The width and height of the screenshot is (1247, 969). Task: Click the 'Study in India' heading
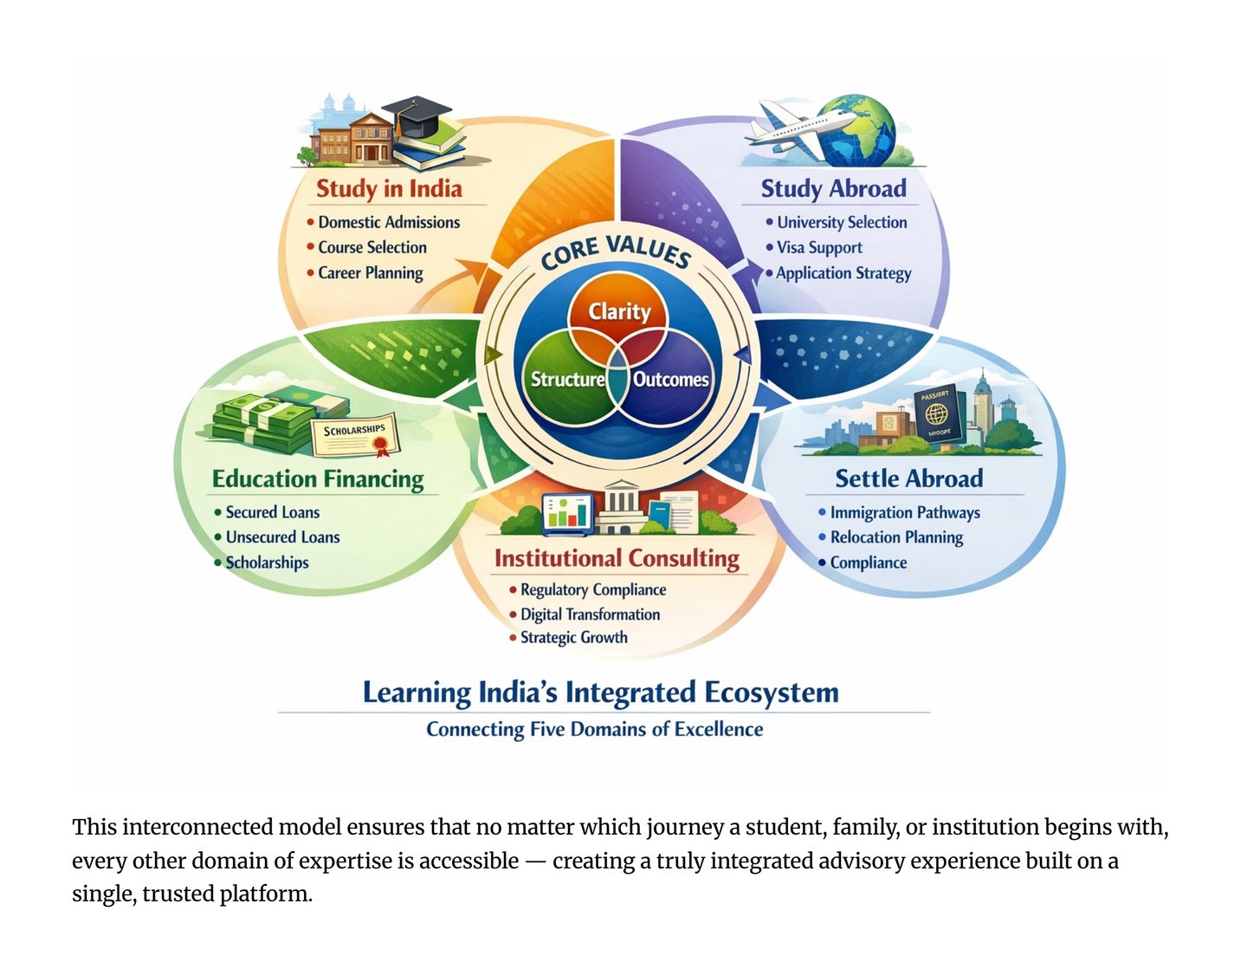pos(389,188)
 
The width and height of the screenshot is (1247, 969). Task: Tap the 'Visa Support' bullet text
pos(819,248)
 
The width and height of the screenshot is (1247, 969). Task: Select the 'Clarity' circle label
pos(619,311)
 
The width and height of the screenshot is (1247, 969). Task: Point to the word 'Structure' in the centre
pos(567,380)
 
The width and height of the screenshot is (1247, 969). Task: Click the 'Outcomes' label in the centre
pos(670,380)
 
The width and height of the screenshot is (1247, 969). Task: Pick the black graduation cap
pos(417,115)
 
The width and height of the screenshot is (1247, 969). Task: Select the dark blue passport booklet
pos(936,414)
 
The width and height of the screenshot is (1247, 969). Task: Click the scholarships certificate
pos(355,434)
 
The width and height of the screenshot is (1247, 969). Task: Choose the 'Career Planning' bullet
pos(371,273)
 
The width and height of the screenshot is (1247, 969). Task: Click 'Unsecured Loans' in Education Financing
pos(282,537)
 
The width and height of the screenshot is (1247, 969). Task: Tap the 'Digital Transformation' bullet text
pos(590,615)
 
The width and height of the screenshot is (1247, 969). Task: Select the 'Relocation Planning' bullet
pos(896,537)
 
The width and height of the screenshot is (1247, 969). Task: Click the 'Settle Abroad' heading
pos(908,478)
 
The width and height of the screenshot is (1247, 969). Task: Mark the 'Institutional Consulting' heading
pos(617,558)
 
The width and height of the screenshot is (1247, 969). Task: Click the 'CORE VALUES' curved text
pos(616,251)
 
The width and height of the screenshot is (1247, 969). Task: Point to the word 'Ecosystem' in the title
pos(771,693)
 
